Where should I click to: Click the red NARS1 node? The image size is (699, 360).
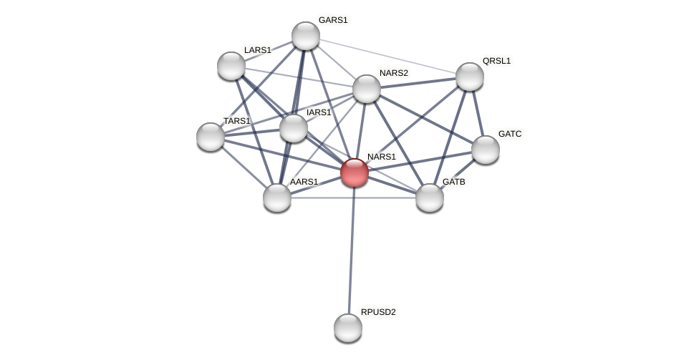point(355,172)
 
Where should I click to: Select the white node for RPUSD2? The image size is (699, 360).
point(348,328)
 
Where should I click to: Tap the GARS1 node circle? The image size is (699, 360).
point(306,36)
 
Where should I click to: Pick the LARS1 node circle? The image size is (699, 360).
point(231,66)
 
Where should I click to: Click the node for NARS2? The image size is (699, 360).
point(367,89)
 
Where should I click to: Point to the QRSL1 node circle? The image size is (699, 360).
point(470,77)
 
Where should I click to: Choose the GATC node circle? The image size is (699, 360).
point(486,150)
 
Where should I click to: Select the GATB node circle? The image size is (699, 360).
point(430,198)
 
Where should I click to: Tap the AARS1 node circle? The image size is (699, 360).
point(277,198)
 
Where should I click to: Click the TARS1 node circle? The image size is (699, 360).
point(211,137)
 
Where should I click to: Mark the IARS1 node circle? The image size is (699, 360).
point(294,128)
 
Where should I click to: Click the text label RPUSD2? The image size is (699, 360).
point(378,312)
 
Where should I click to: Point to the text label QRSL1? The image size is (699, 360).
point(496,61)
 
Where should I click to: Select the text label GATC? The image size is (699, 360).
point(510,134)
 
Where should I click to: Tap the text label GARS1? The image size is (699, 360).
point(333,20)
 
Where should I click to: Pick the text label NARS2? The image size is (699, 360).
point(394,73)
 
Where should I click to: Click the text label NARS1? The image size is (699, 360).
point(382,157)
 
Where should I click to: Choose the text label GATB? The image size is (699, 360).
point(454,182)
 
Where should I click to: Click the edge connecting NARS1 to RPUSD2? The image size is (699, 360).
point(352,250)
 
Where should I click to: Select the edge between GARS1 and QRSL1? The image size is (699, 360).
point(387,56)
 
